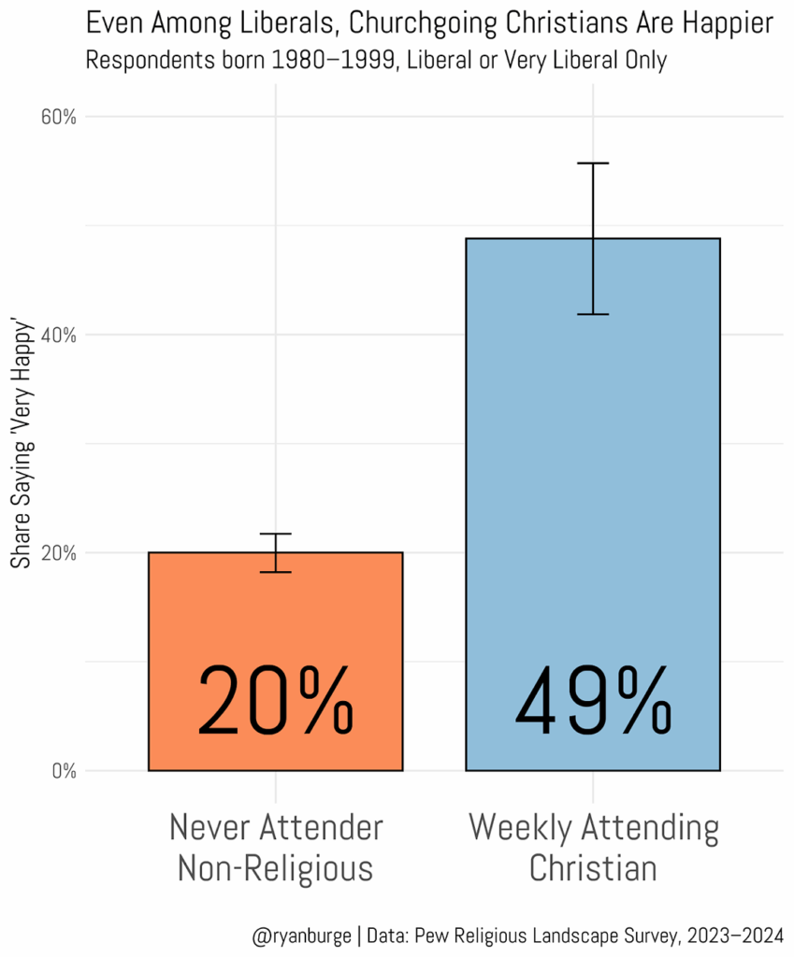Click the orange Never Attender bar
tap(275, 617)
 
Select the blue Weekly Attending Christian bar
tap(592, 467)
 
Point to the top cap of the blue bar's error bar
tap(593, 164)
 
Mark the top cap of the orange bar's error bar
tap(275, 534)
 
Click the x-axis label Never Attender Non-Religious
tap(275, 848)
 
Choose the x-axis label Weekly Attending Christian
tap(593, 848)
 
